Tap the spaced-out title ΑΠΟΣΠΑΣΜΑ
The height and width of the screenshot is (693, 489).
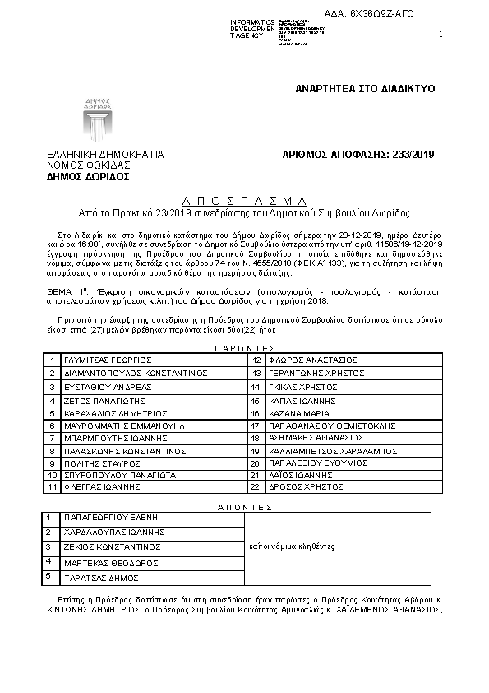244,200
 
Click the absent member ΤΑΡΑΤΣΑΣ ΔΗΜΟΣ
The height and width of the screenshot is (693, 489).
100,579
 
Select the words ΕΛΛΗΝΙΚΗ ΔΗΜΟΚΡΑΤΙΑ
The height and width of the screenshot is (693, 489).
105,154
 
